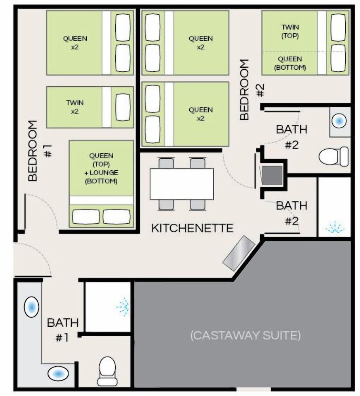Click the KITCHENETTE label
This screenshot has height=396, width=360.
pyautogui.click(x=192, y=228)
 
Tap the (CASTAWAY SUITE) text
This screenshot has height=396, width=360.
pyautogui.click(x=245, y=335)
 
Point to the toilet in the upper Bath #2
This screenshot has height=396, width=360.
pyautogui.click(x=333, y=156)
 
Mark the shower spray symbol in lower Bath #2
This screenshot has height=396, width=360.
pyautogui.click(x=335, y=227)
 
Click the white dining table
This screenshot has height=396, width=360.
pyautogui.click(x=182, y=184)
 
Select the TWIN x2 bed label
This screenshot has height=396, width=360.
pyautogui.click(x=75, y=107)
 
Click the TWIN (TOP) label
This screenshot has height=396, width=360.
pyautogui.click(x=290, y=31)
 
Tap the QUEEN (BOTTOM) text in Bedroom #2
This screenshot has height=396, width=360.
pyautogui.click(x=290, y=63)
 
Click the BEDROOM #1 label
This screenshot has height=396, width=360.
pyautogui.click(x=40, y=150)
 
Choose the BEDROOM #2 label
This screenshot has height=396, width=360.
pyautogui.click(x=251, y=89)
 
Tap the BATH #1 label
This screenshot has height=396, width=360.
pyautogui.click(x=63, y=330)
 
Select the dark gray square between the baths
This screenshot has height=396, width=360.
pyautogui.click(x=272, y=175)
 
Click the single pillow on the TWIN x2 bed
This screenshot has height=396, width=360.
pyautogui.click(x=123, y=107)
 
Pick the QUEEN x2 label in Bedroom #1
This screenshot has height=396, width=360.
pyautogui.click(x=75, y=43)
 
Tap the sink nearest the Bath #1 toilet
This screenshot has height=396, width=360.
pyautogui.click(x=58, y=373)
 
